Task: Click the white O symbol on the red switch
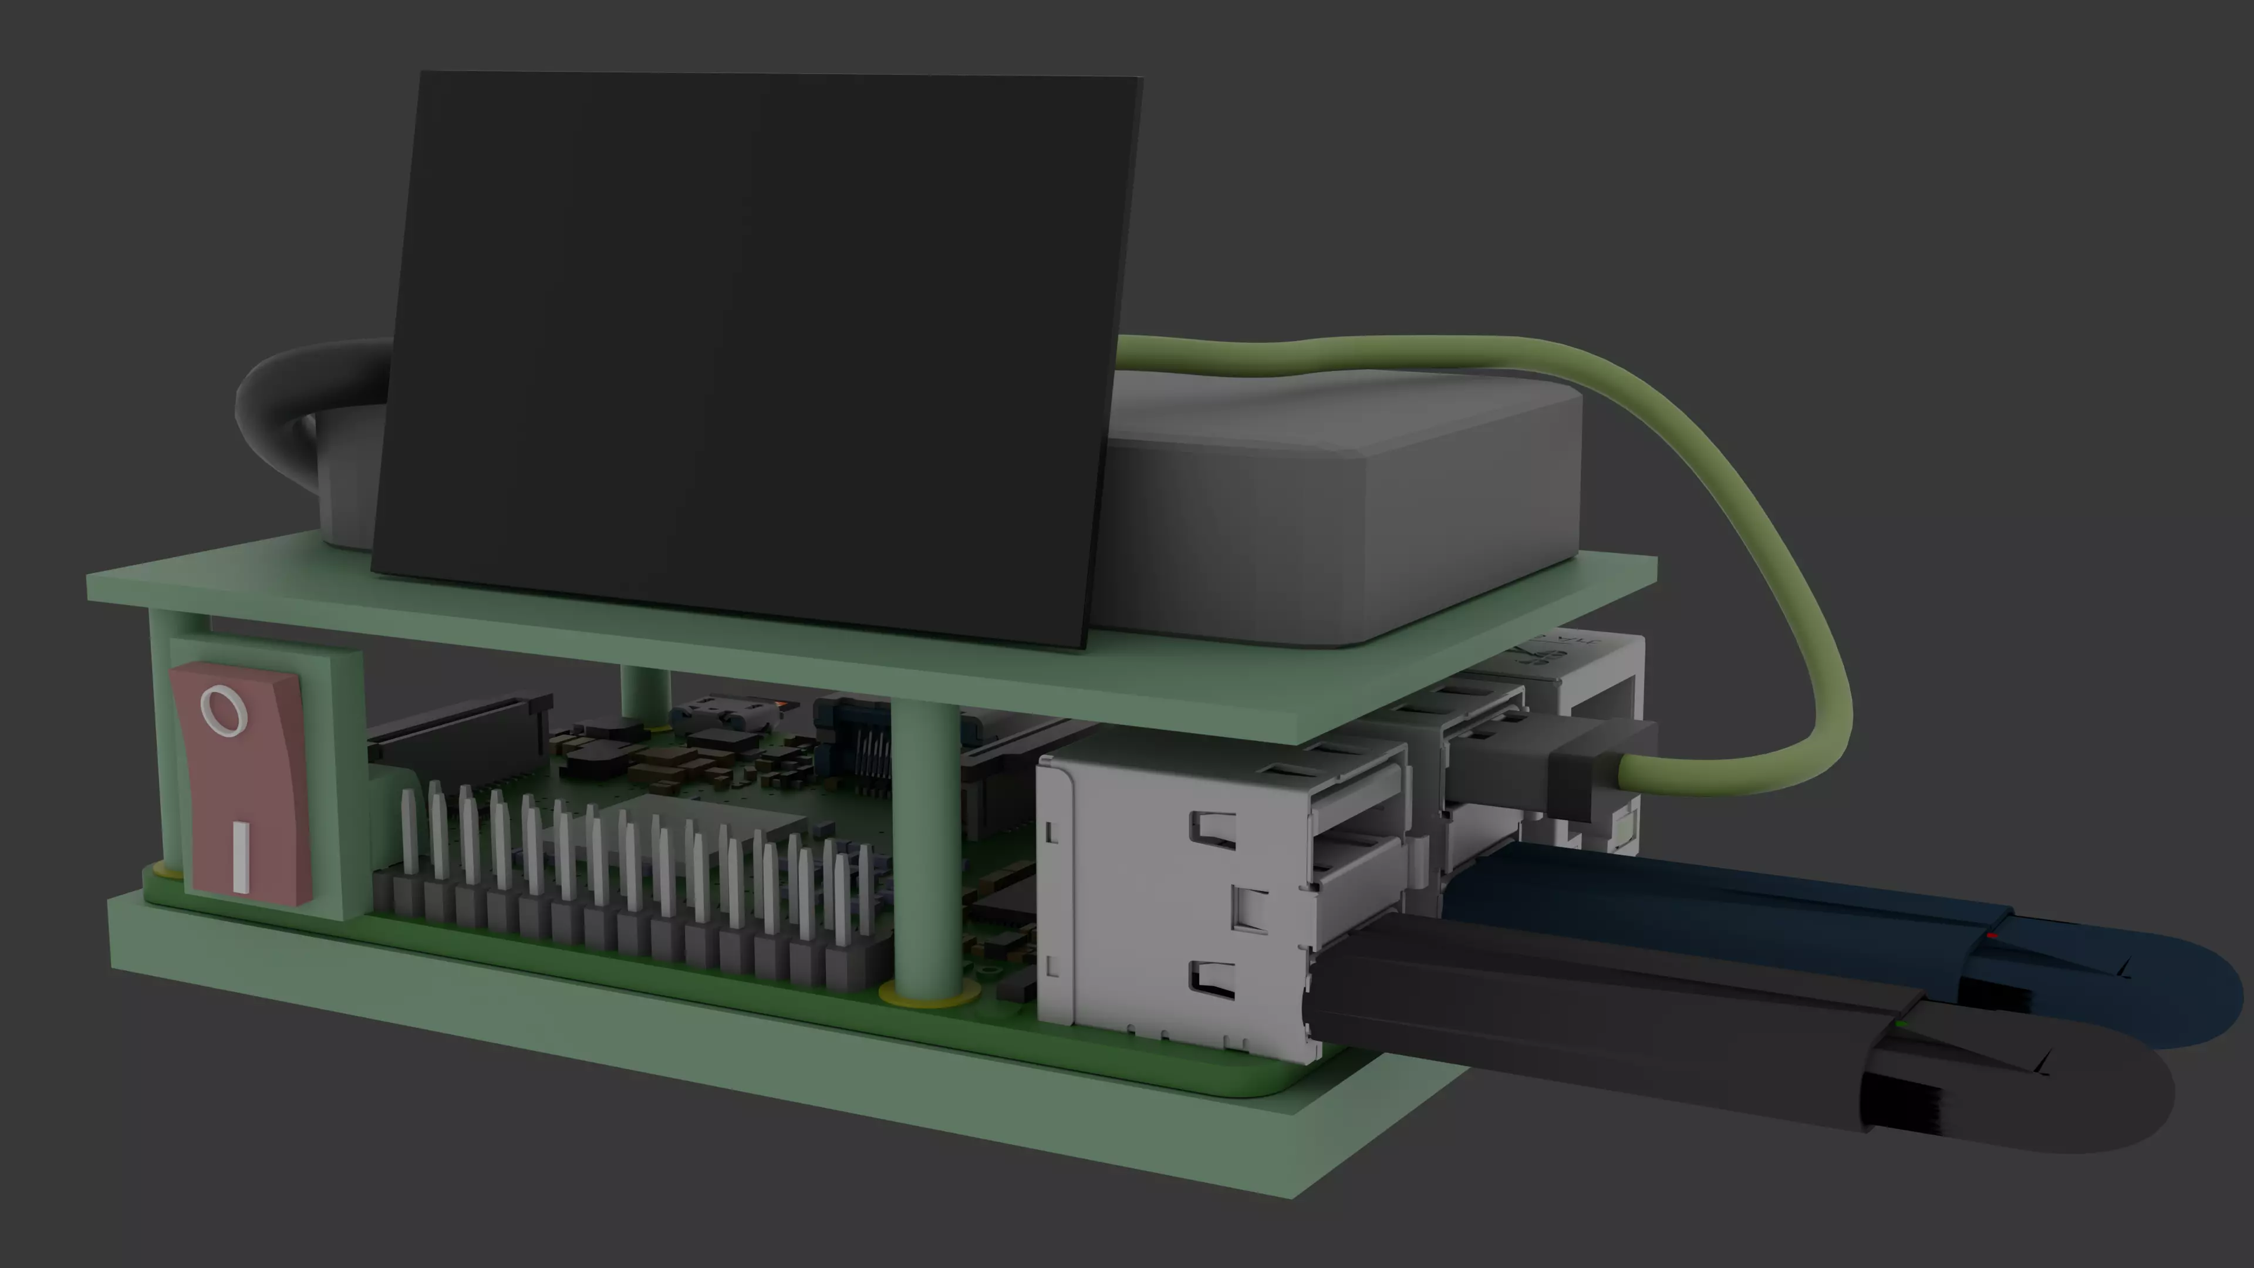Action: pyautogui.click(x=223, y=710)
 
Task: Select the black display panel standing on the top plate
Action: pyautogui.click(x=753, y=350)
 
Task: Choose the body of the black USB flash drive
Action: pyautogui.click(x=1575, y=1006)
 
